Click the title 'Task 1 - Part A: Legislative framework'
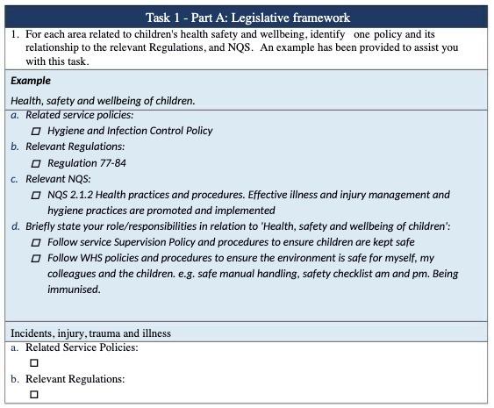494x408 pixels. [247, 17]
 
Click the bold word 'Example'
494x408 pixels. [31, 81]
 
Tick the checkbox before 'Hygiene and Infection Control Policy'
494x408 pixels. [36, 131]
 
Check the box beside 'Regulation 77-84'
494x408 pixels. [36, 163]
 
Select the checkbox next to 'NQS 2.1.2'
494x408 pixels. [36, 195]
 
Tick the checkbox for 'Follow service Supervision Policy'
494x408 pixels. [36, 242]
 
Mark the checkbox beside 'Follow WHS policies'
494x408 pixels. [36, 258]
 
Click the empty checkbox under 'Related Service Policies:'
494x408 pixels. [34, 362]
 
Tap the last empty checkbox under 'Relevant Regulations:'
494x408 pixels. [34, 394]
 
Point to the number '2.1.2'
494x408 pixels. [86, 195]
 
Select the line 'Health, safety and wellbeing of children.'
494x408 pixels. [103, 101]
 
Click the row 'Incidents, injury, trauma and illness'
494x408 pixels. [90, 333]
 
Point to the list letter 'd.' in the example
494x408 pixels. [16, 226]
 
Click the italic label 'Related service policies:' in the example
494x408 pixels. [79, 115]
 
